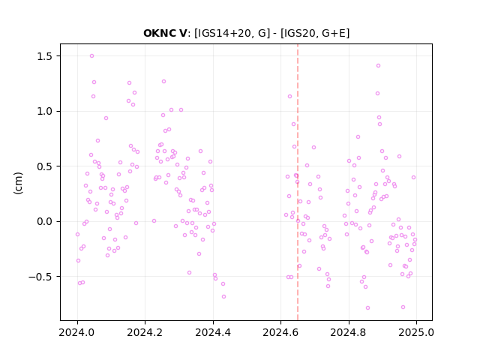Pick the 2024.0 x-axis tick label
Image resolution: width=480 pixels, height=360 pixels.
tap(77, 332)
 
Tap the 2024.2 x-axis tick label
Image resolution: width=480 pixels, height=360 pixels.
tap(145, 332)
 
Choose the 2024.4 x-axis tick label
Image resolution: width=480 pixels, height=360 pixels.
tap(213, 332)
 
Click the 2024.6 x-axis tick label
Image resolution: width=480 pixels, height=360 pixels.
tap(280, 332)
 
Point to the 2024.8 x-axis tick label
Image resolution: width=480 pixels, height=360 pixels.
tap(348, 332)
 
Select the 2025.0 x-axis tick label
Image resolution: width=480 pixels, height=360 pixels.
tap(416, 332)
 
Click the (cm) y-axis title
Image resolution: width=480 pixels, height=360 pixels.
tap(18, 183)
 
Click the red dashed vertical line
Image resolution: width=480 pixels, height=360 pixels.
tap(298, 182)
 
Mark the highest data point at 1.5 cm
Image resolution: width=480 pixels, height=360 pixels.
tap(91, 56)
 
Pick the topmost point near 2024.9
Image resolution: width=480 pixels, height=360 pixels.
tap(378, 66)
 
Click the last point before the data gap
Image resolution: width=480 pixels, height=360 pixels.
tap(223, 297)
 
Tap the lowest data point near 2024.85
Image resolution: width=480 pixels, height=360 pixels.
tap(367, 308)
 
